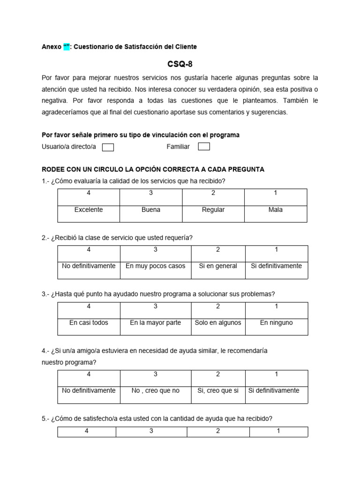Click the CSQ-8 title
coord(180,64)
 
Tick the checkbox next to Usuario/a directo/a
coord(108,147)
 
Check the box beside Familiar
coord(204,147)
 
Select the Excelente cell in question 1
coord(89,210)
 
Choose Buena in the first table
coord(151,210)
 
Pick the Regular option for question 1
coord(213,210)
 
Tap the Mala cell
coord(276,210)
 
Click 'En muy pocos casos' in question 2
coord(156,266)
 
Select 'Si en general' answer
coord(218,266)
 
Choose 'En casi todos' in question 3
coord(89,323)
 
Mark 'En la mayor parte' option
coord(156,323)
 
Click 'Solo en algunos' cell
coord(218,323)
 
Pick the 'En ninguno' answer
coord(277,323)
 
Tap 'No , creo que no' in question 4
coord(156,391)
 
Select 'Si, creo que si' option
coord(218,391)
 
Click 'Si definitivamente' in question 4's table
coord(277,390)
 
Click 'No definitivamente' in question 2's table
coord(89,266)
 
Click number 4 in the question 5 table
coord(87,431)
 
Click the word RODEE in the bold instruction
coord(53,169)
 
